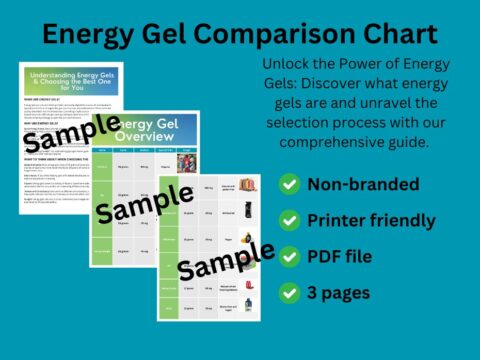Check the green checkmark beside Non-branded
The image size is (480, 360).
pyautogui.click(x=289, y=184)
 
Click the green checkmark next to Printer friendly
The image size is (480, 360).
pyautogui.click(x=289, y=220)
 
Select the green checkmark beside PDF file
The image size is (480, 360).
pyautogui.click(x=289, y=256)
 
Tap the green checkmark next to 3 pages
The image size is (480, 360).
pyautogui.click(x=289, y=292)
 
